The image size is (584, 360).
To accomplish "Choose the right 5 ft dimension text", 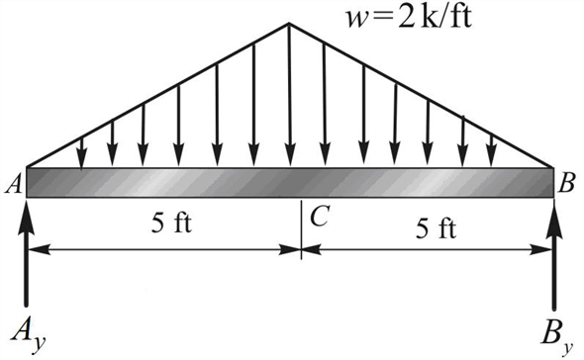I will tap(436, 229).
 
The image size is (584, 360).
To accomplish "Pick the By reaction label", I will tap(556, 333).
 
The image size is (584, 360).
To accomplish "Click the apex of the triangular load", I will tap(289, 23).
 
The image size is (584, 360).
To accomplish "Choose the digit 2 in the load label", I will tap(364, 17).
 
